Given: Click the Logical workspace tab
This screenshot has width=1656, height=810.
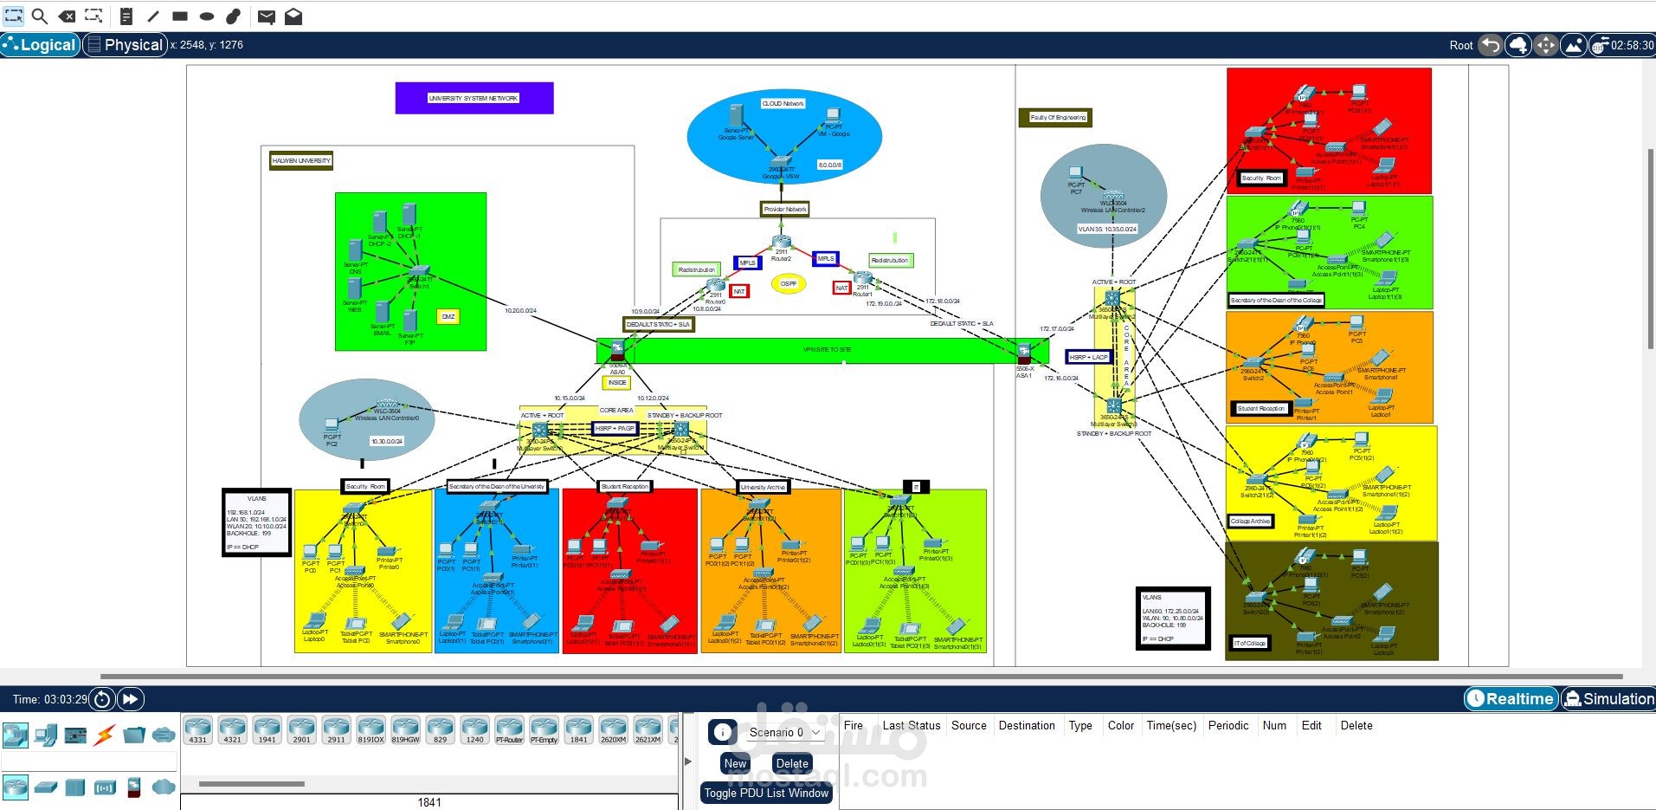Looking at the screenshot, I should tap(41, 45).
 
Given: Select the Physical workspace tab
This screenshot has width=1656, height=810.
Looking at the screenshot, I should tap(126, 45).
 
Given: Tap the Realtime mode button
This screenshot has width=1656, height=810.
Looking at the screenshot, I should tap(1511, 699).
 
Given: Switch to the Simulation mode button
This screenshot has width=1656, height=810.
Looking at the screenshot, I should tap(1608, 699).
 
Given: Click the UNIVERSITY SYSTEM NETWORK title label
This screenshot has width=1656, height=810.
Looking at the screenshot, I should tap(474, 98).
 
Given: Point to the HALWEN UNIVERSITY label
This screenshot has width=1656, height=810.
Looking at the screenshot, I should tap(301, 160).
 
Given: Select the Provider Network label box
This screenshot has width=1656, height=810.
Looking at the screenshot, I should tap(785, 209).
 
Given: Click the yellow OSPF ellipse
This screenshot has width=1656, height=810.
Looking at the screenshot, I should tap(789, 283).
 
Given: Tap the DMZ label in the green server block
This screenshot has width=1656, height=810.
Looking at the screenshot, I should tap(448, 316).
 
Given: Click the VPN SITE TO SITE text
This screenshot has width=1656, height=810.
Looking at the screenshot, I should tap(827, 350).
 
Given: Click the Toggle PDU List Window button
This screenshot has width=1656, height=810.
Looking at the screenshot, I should tap(766, 793).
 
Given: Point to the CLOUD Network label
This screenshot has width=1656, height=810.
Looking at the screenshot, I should tap(783, 103).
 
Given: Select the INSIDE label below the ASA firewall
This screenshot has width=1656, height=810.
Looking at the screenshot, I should tap(617, 382).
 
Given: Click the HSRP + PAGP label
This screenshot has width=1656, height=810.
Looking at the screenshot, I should tap(615, 428).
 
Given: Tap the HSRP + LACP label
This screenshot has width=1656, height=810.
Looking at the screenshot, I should tap(1088, 357).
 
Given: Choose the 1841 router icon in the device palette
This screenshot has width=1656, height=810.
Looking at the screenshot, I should tap(578, 730).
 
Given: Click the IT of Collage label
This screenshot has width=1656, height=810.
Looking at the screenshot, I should tap(1250, 643).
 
